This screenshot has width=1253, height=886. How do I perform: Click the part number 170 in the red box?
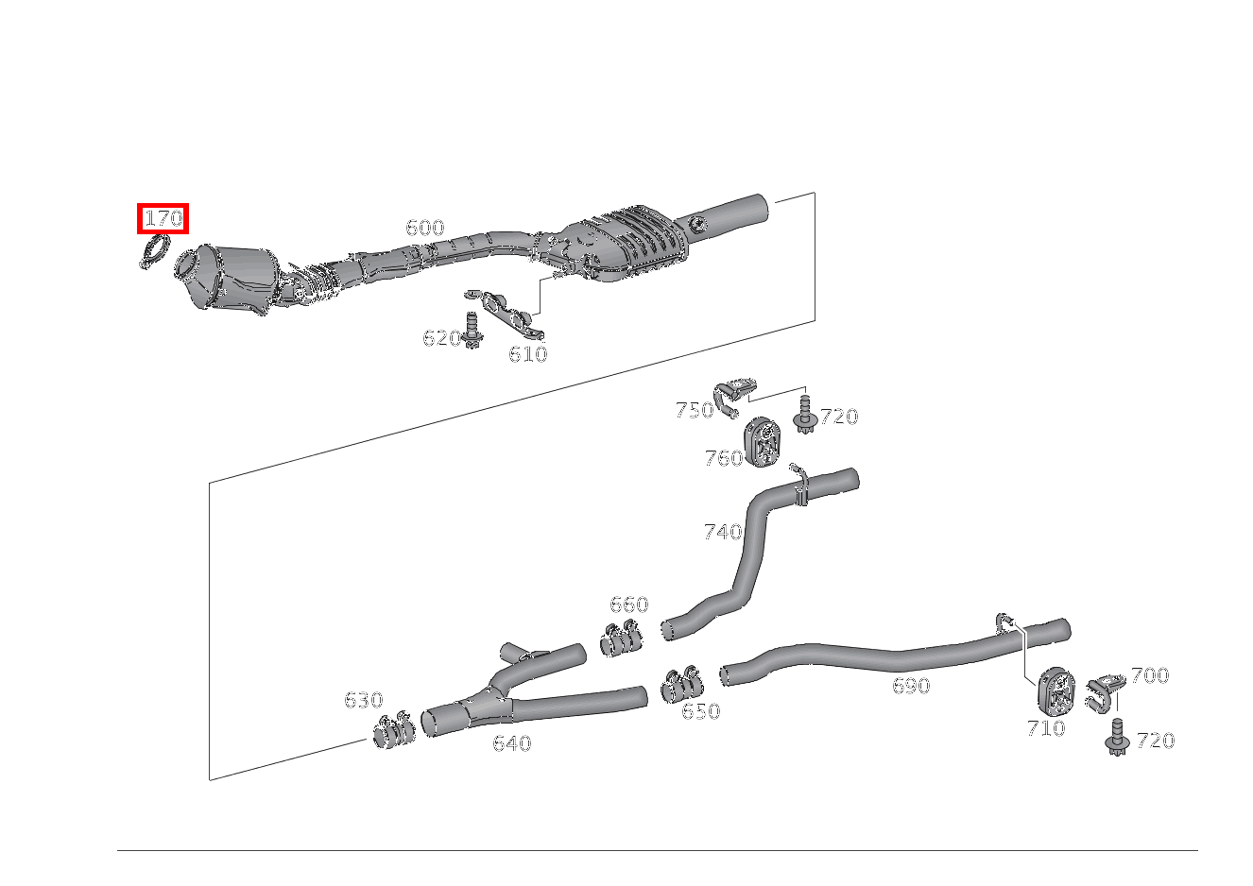[x=163, y=219]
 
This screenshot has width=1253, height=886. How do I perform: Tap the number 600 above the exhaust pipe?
[x=424, y=228]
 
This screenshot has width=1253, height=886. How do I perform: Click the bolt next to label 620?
[x=473, y=329]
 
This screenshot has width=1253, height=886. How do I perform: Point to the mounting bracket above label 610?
[x=510, y=316]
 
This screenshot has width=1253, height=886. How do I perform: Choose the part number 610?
[x=527, y=354]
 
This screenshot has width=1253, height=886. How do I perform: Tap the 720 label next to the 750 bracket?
[x=838, y=417]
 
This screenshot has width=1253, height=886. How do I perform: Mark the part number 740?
[x=722, y=532]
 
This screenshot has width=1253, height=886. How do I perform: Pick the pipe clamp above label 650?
[x=682, y=686]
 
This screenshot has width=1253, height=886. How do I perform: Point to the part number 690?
[x=911, y=686]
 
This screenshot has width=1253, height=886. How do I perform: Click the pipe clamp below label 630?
[x=393, y=732]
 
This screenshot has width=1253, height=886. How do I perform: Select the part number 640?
[x=511, y=743]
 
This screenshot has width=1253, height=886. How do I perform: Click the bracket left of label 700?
[x=1104, y=691]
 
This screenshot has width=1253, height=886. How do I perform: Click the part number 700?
[x=1149, y=675]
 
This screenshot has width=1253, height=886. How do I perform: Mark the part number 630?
[x=363, y=700]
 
